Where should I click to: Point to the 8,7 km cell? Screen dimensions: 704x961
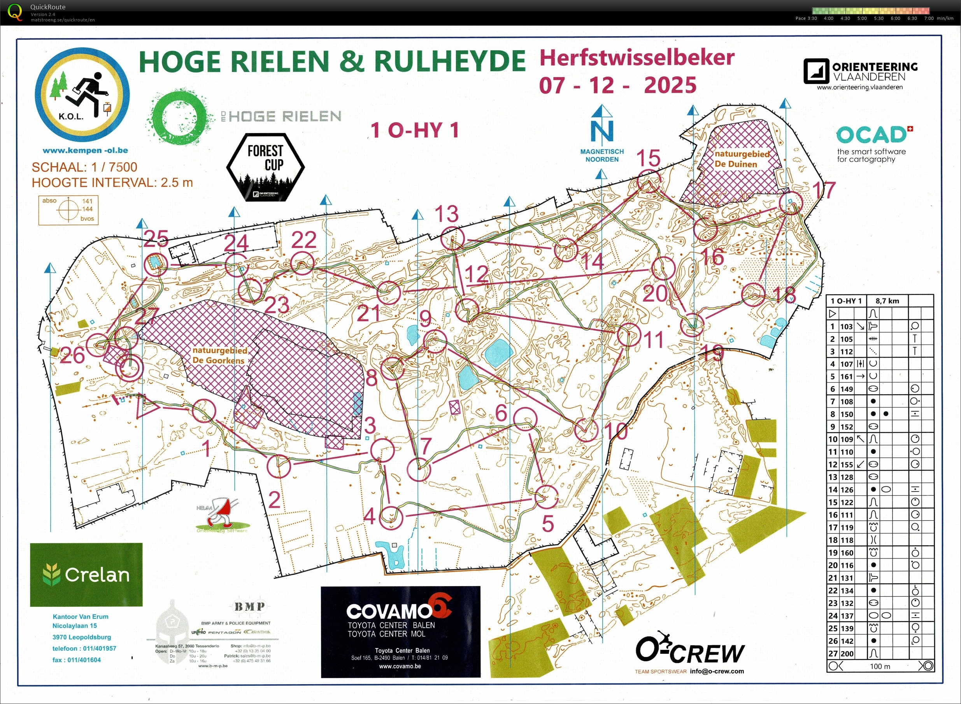coord(887,301)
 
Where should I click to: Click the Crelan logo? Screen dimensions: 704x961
coord(86,574)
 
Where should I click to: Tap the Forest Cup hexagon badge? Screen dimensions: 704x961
coord(265,167)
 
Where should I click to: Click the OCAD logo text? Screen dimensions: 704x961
coord(871,135)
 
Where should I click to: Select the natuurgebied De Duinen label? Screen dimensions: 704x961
coord(742,159)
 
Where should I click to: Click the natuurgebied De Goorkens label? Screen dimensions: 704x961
coord(219,355)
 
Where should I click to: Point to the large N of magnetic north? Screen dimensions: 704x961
coord(602,132)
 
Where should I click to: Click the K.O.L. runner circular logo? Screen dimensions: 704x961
coord(82,95)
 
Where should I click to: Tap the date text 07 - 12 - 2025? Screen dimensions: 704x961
coord(618,85)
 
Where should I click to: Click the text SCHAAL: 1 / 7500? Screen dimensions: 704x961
coord(84,167)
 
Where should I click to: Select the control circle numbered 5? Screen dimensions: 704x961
coord(546,497)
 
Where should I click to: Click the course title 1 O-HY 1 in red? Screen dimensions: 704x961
coord(414,130)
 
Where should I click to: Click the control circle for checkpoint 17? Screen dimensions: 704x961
coord(791,203)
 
